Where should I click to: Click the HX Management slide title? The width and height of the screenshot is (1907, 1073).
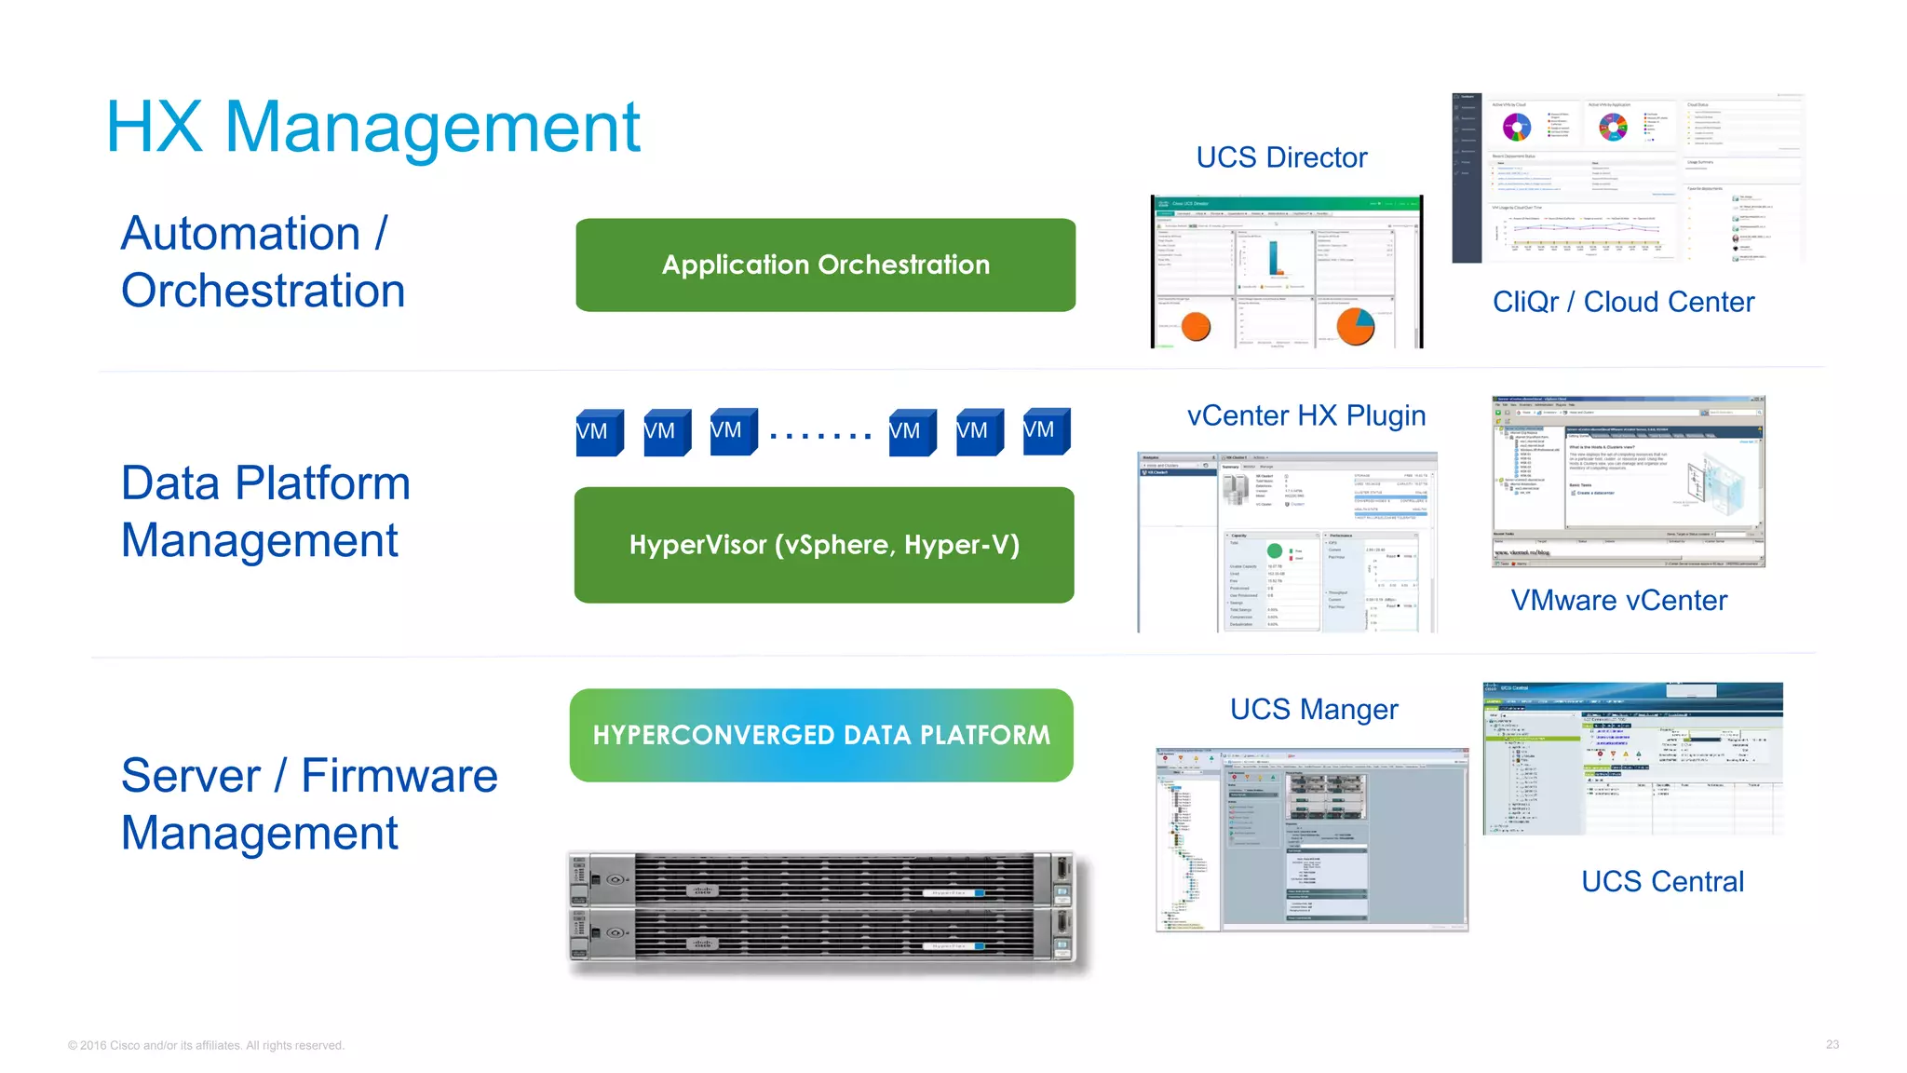(372, 128)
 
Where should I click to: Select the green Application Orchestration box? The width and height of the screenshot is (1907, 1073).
(825, 265)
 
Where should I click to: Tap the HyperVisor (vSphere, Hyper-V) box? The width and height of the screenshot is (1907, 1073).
(824, 545)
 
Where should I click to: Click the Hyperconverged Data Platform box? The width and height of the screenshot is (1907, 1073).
(821, 735)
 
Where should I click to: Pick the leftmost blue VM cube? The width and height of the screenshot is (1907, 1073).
(599, 432)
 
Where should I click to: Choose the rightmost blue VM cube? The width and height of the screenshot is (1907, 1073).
(1046, 431)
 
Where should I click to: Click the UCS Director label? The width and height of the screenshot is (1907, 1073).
(1281, 157)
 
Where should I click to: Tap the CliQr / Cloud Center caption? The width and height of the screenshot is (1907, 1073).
(1623, 302)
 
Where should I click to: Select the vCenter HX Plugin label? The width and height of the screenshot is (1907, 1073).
(1306, 415)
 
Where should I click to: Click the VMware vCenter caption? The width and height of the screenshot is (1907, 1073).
(1618, 601)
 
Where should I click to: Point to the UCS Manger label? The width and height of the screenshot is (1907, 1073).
(1314, 710)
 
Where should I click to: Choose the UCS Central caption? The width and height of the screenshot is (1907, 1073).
(1662, 881)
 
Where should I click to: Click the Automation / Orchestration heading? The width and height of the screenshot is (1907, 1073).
(263, 262)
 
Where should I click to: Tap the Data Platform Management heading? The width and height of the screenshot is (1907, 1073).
(265, 511)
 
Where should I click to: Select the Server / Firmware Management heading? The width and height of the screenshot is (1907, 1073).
(309, 804)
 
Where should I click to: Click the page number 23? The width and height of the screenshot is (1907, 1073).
(1832, 1045)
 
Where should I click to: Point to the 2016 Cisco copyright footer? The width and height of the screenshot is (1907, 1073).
(206, 1046)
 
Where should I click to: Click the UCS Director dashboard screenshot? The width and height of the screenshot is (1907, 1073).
(1287, 272)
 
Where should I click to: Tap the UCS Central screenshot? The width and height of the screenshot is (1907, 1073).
(1632, 758)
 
